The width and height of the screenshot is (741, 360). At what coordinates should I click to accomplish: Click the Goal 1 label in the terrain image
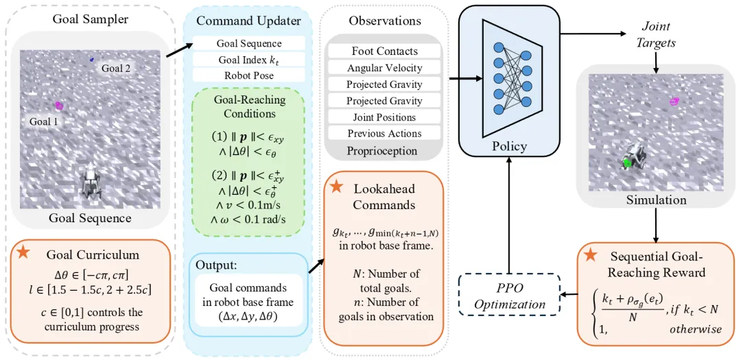tap(43, 121)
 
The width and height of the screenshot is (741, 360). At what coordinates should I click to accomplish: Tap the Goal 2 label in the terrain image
tap(116, 69)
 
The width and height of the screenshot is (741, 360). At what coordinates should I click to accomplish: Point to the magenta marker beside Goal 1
tap(59, 106)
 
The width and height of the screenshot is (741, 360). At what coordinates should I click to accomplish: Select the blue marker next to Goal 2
tap(92, 60)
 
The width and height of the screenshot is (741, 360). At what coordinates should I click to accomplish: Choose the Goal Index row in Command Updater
tap(248, 60)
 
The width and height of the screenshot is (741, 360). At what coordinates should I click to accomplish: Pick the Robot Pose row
tap(248, 75)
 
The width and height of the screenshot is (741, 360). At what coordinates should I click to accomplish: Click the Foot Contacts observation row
tap(384, 51)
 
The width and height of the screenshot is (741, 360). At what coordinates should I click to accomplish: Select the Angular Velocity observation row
tap(384, 68)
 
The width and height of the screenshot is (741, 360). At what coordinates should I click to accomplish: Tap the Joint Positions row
tap(384, 117)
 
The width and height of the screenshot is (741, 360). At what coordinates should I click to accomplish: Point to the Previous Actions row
tap(384, 134)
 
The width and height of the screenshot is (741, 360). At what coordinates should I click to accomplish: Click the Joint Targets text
tap(657, 34)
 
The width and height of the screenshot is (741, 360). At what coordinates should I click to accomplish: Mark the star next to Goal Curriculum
tap(24, 254)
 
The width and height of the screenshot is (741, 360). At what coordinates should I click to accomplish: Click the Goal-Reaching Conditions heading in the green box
tap(248, 106)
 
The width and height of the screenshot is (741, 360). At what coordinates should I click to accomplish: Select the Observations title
tap(384, 21)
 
